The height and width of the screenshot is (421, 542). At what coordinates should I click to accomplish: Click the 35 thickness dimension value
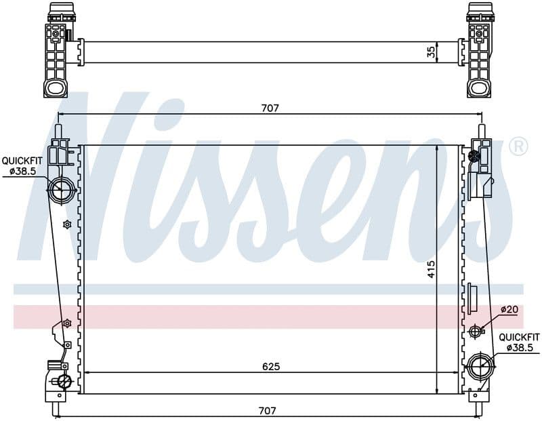tap(431, 52)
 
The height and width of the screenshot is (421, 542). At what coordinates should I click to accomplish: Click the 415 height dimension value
tap(431, 269)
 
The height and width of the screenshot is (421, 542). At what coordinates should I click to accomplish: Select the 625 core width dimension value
tap(270, 366)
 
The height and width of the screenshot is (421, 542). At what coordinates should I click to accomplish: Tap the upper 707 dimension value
tap(270, 108)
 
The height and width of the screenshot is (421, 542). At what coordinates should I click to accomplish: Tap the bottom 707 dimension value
tap(267, 411)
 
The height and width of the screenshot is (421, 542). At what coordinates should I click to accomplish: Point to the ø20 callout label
tap(509, 309)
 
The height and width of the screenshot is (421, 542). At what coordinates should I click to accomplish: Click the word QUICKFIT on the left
tap(22, 161)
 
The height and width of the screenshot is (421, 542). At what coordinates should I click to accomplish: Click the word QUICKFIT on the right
tap(519, 338)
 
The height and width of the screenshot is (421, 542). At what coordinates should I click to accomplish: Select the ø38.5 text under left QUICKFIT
tap(23, 171)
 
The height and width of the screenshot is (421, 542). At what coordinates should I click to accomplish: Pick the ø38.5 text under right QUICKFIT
tap(520, 348)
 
